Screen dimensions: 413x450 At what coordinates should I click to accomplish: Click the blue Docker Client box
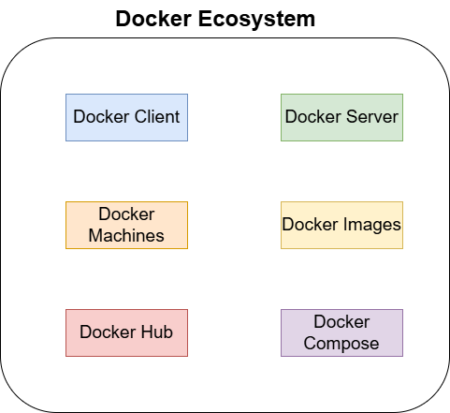click(x=126, y=117)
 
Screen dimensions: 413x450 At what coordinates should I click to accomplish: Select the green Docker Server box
click(x=341, y=117)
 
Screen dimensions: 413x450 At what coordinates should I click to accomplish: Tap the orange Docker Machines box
click(x=126, y=225)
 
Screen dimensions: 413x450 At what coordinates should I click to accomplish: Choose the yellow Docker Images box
click(x=341, y=225)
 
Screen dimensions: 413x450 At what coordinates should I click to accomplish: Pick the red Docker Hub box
click(x=126, y=332)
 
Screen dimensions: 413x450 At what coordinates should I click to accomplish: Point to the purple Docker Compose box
click(x=341, y=332)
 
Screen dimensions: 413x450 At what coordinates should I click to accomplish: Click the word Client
click(x=155, y=118)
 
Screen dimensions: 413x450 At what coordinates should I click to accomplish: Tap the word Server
click(x=372, y=118)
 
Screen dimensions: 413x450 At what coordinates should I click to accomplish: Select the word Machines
click(x=126, y=236)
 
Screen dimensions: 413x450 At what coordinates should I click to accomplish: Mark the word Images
click(x=373, y=225)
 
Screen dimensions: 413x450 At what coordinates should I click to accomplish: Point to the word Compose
click(x=341, y=344)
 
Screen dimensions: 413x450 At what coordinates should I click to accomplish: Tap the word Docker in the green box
click(x=312, y=118)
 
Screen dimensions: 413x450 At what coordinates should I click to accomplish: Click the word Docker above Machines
click(x=126, y=214)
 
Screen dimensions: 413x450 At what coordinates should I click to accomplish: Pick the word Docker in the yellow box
click(x=310, y=225)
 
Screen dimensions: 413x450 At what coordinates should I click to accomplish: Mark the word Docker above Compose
click(x=341, y=322)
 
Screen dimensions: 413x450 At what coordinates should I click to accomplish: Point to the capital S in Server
click(x=352, y=118)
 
